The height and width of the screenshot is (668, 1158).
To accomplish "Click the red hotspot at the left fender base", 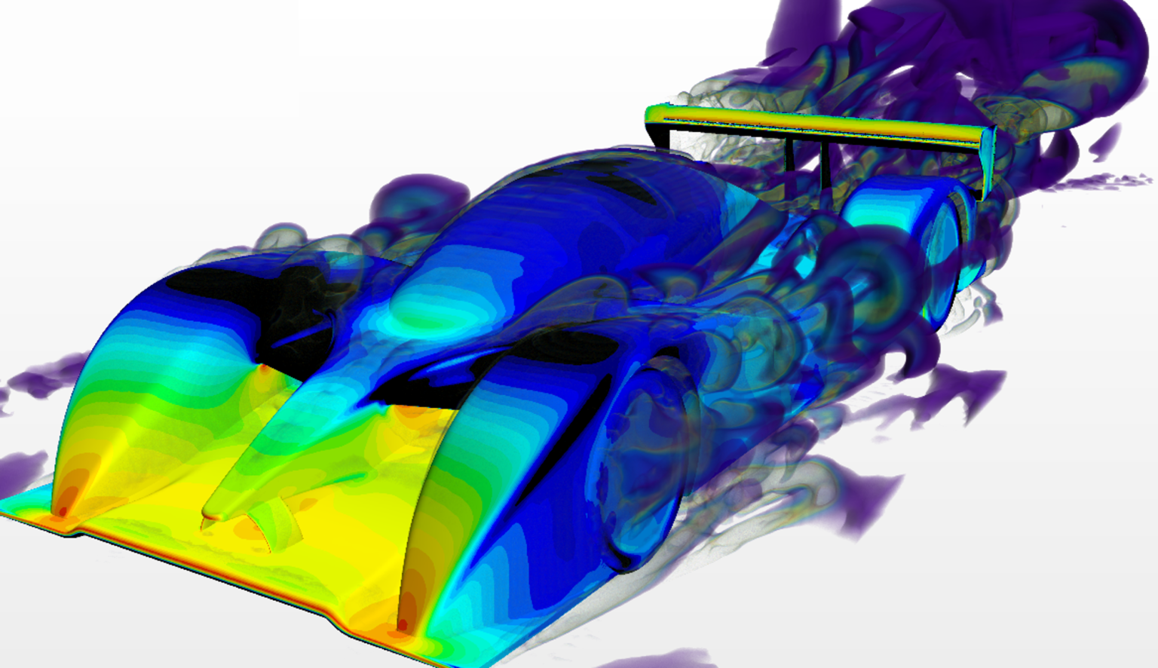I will [62, 510].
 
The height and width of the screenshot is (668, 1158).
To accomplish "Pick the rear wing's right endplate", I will [990, 162].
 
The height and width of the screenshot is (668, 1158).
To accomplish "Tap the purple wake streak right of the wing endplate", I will [1116, 181].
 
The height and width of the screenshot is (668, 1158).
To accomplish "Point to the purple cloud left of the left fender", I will [38, 377].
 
